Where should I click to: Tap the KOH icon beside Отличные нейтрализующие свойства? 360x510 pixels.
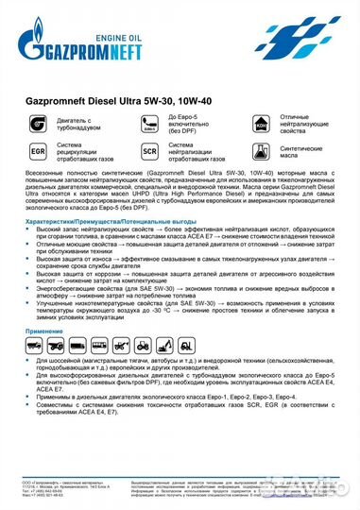(263, 124)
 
